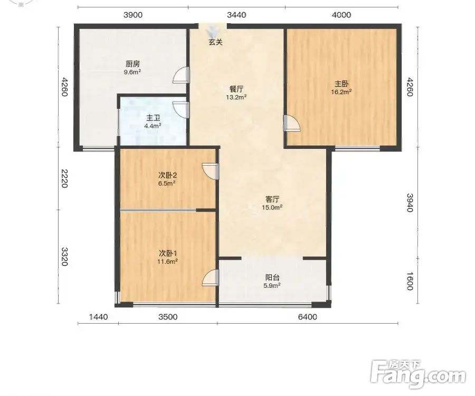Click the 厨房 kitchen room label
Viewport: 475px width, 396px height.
pos(132,64)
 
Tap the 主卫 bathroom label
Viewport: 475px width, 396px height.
pos(153,118)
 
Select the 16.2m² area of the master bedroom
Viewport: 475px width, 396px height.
pos(341,91)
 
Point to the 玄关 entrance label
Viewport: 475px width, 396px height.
pos(215,42)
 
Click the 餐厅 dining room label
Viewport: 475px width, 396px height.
pos(236,89)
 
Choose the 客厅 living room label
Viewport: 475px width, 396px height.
pos(272,200)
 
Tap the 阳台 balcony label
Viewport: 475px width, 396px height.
pos(272,277)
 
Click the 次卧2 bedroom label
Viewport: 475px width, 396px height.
pos(167,175)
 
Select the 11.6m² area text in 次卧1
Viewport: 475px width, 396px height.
pos(167,261)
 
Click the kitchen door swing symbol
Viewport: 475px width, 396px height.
pos(181,75)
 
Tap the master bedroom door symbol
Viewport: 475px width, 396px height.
pos(292,123)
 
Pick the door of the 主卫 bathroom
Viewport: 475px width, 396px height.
pos(181,110)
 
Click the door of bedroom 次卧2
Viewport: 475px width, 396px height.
pos(210,172)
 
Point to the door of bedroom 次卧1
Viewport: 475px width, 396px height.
pos(210,277)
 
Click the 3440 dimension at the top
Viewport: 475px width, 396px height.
pos(236,15)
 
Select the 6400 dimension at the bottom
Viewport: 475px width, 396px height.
pos(308,317)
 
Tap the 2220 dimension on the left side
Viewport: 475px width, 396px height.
pos(64,178)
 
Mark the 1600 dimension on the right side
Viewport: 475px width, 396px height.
pos(410,281)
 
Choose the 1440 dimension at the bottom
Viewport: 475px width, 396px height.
pos(99,317)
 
